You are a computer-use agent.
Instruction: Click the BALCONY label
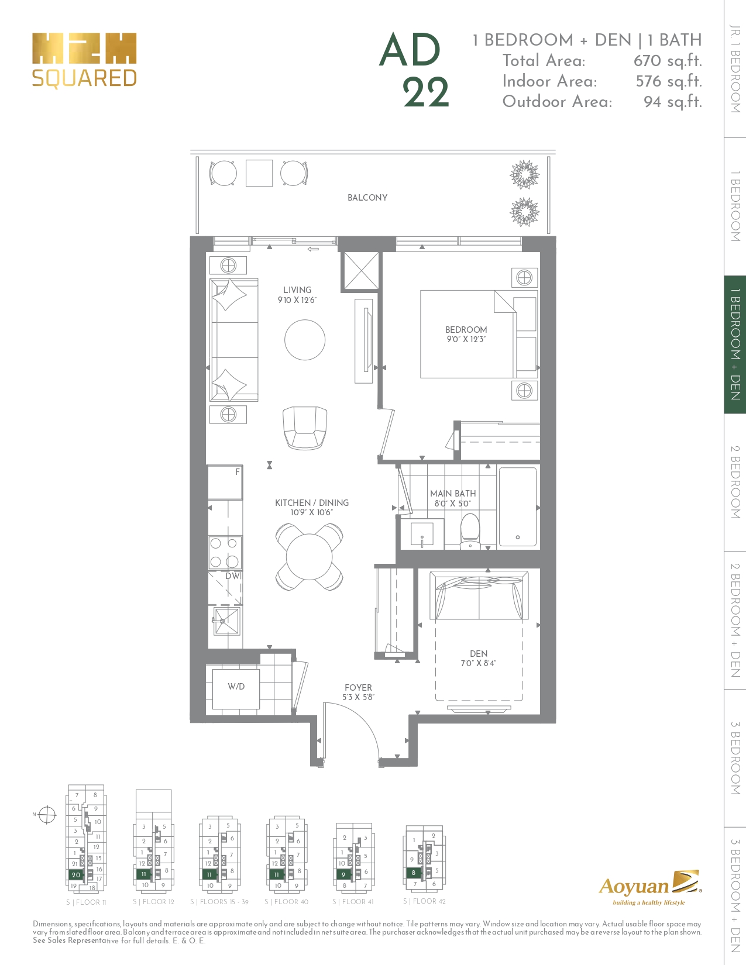click(367, 198)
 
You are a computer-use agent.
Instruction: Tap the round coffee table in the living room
click(305, 340)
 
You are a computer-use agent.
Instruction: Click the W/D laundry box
click(236, 687)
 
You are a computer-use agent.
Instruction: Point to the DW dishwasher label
click(233, 576)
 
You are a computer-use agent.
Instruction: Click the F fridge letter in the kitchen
click(238, 472)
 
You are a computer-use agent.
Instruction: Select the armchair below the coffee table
click(304, 428)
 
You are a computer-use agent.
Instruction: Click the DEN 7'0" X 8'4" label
click(479, 659)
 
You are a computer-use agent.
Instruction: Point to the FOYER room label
click(358, 688)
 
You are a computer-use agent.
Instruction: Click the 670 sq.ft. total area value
click(668, 61)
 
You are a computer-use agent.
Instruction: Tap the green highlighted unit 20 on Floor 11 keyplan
click(76, 875)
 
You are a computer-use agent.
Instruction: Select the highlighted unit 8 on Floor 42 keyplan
click(414, 873)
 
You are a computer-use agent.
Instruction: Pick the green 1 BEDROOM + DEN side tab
click(735, 344)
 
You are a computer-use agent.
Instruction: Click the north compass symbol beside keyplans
click(47, 814)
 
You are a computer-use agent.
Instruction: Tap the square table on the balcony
click(259, 173)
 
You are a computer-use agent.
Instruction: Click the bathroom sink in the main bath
click(422, 535)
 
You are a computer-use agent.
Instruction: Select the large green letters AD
click(410, 50)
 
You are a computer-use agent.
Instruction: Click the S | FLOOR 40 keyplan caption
click(286, 902)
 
